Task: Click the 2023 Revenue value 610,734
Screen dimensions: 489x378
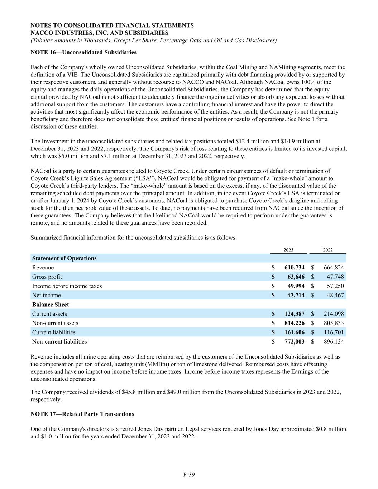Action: (x=294, y=268)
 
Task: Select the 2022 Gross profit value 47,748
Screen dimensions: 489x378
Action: (x=334, y=277)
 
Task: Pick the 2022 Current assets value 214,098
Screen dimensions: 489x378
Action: (x=334, y=314)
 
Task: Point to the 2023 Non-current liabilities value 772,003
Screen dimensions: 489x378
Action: (x=294, y=341)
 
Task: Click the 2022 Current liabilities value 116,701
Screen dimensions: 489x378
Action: (x=334, y=332)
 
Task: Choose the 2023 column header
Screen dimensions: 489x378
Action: (x=288, y=250)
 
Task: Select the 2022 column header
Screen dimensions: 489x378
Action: (x=328, y=250)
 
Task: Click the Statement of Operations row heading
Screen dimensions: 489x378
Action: (x=64, y=258)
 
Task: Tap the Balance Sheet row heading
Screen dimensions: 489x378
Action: (x=51, y=305)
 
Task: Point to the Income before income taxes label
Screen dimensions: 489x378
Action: (x=67, y=286)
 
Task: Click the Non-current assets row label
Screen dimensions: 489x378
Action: (x=55, y=323)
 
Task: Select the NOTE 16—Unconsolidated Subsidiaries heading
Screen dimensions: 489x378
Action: (x=83, y=52)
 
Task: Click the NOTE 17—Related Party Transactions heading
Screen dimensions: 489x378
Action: (x=82, y=414)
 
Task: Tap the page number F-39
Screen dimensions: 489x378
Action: (x=189, y=475)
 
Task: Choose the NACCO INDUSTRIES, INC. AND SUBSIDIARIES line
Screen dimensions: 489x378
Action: (x=100, y=33)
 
